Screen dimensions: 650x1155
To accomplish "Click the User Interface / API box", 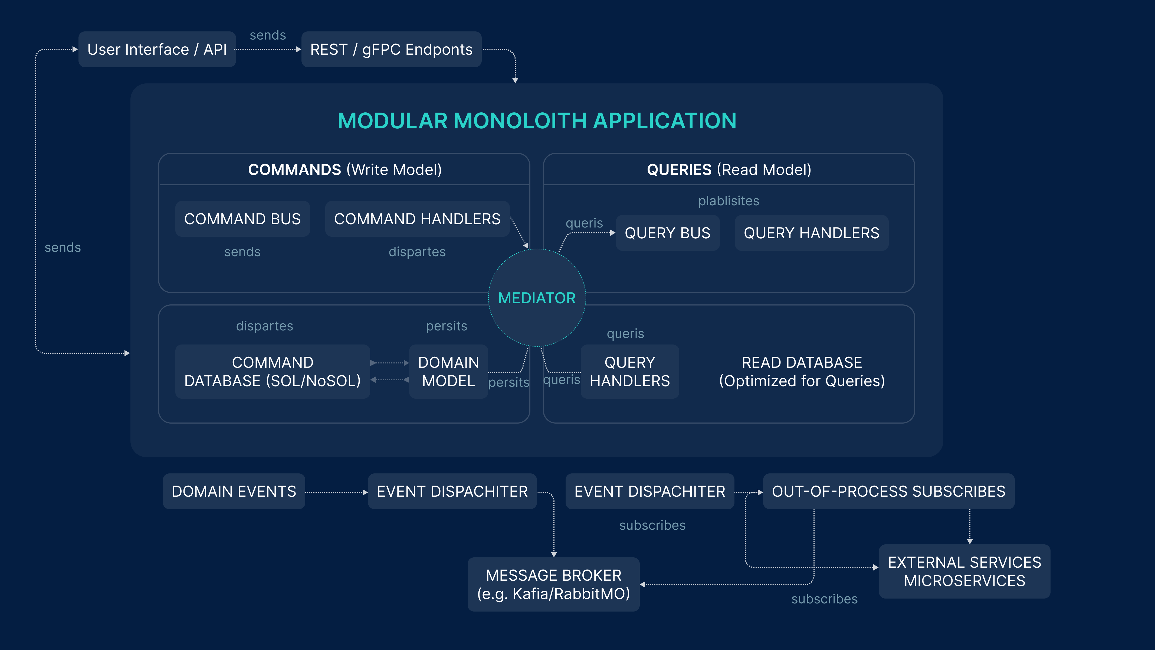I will point(157,49).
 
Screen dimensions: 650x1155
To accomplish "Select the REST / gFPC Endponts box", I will point(391,49).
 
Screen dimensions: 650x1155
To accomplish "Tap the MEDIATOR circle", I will point(537,298).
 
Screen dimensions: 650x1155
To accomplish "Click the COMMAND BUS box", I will point(242,219).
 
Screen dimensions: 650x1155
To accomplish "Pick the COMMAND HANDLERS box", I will point(417,219).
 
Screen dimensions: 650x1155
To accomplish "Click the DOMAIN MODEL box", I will point(448,371).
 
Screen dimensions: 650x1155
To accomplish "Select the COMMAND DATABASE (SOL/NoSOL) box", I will point(272,371).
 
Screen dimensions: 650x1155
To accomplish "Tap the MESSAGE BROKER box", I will point(553,584).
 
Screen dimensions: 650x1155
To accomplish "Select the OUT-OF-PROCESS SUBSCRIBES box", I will point(888,491).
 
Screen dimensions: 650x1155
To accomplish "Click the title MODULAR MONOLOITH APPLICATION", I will point(537,121).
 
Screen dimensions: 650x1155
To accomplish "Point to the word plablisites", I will point(729,201).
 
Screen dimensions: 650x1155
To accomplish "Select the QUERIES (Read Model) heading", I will point(729,170).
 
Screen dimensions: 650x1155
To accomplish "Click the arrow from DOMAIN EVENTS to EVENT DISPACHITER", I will point(336,492).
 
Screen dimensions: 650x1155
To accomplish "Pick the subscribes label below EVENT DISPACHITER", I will point(652,525).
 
